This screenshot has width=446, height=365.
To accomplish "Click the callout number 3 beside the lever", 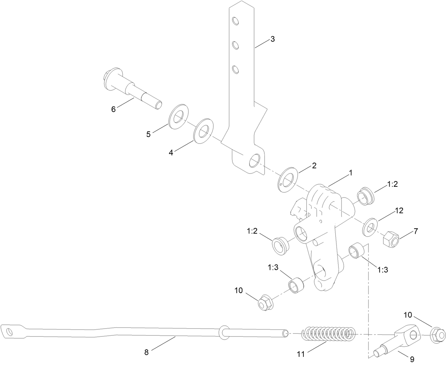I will coord(272,39).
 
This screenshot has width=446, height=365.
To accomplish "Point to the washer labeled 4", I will coord(204,132).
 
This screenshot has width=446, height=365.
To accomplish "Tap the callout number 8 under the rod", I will coord(146,353).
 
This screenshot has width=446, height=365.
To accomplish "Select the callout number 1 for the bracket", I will coord(350,173).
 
